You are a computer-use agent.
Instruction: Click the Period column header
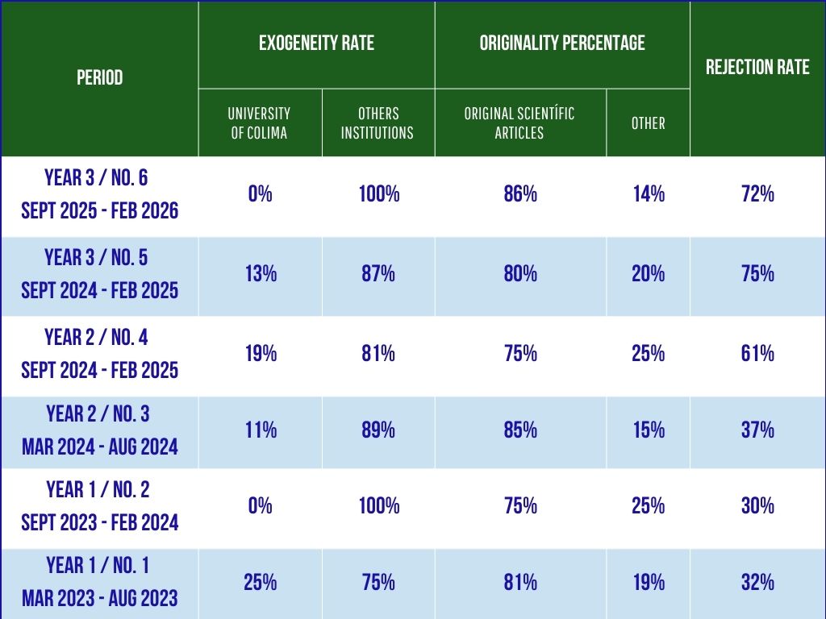(x=100, y=78)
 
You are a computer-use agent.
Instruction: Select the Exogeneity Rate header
(x=316, y=44)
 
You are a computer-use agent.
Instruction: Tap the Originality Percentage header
(x=562, y=44)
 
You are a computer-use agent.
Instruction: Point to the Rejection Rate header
(x=757, y=67)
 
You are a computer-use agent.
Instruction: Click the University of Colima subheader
(x=259, y=123)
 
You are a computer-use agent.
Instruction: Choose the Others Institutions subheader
(x=378, y=123)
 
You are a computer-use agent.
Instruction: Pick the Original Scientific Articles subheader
(x=519, y=123)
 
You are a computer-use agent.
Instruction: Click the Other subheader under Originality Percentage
(x=649, y=123)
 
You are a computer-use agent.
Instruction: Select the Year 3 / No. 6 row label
(x=97, y=178)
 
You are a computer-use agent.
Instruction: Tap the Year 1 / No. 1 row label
(x=98, y=566)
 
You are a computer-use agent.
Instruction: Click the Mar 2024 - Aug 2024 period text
(x=100, y=446)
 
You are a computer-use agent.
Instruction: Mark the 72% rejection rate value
(x=757, y=194)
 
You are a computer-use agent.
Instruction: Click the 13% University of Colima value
(x=261, y=274)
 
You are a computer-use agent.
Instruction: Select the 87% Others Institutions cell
(x=378, y=274)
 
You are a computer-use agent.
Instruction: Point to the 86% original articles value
(x=520, y=194)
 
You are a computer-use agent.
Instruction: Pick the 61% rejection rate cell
(x=757, y=353)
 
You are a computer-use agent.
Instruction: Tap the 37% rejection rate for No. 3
(x=757, y=430)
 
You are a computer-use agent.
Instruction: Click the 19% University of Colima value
(x=261, y=353)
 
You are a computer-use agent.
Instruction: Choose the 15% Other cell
(x=649, y=430)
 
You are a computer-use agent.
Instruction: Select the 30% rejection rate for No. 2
(x=757, y=506)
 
